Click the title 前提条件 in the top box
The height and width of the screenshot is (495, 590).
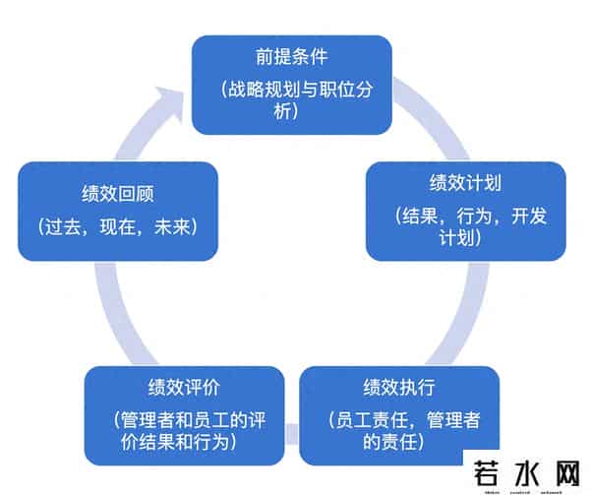[x=290, y=58]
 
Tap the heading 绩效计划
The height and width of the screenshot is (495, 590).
[x=466, y=184]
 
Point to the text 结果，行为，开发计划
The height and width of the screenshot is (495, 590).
[x=466, y=226]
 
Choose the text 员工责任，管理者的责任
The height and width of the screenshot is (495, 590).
[x=404, y=431]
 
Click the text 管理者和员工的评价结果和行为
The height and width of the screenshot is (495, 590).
[x=184, y=431]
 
